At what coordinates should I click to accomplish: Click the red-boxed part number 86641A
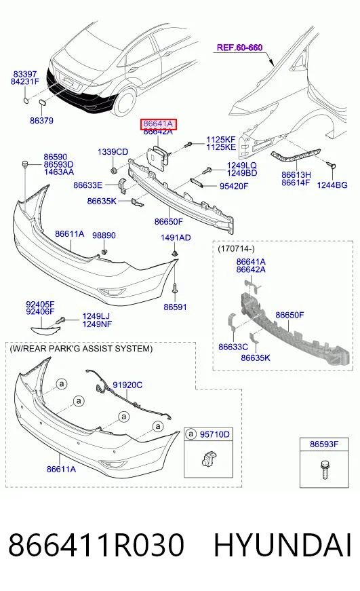[158, 123]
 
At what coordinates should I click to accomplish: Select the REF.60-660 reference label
[239, 47]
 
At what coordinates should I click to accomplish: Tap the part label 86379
[42, 121]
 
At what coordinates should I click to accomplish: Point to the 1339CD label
[113, 152]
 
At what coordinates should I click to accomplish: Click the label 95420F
[234, 186]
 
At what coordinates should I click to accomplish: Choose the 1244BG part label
[332, 185]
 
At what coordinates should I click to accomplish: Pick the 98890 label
[104, 235]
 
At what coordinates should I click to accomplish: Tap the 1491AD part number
[176, 238]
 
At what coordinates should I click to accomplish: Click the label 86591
[175, 307]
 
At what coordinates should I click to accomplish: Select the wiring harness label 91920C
[127, 385]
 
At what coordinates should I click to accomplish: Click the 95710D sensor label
[215, 434]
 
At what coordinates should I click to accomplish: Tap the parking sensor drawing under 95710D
[207, 459]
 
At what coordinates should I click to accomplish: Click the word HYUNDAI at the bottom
[283, 545]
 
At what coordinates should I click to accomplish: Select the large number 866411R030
[96, 545]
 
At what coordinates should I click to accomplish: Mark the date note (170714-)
[237, 249]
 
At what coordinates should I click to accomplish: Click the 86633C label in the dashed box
[233, 347]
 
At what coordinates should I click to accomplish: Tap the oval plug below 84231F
[26, 100]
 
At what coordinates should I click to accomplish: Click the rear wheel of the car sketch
[125, 102]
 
